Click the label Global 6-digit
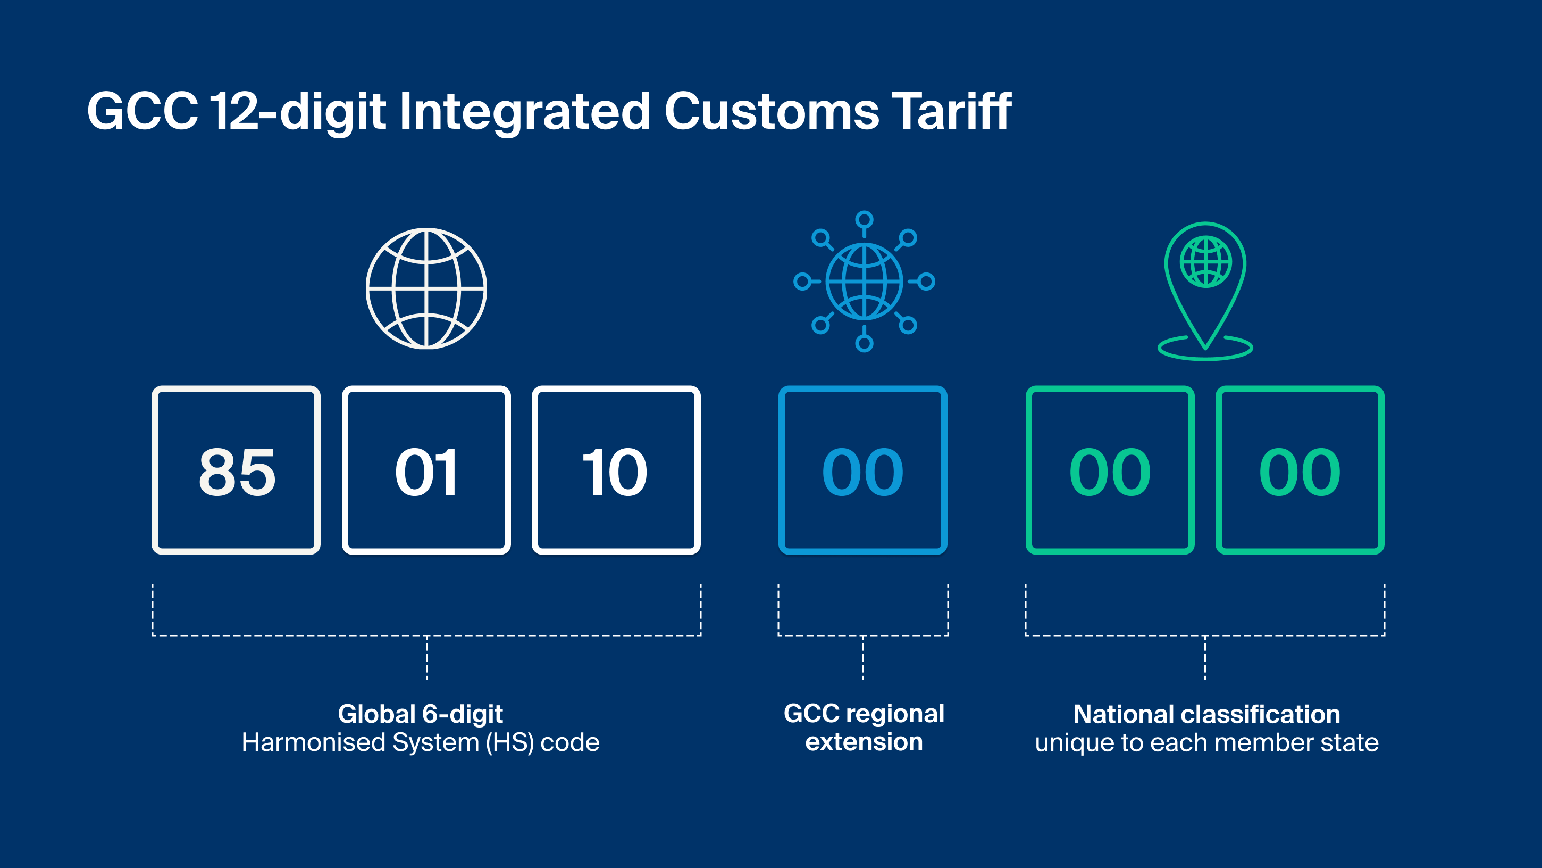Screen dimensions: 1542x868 420,714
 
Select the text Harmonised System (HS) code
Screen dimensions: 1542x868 420,743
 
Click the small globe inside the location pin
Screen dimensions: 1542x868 1205,262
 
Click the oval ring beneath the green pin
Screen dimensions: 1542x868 1205,359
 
